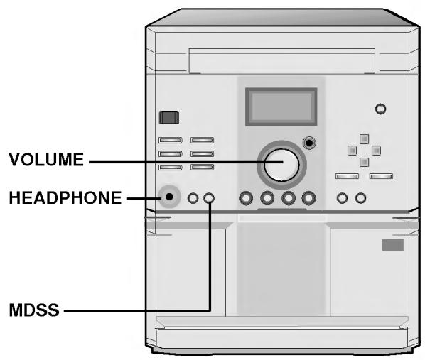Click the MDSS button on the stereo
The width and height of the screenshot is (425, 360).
pyautogui.click(x=208, y=198)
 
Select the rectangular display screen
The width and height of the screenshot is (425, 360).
pyautogui.click(x=281, y=107)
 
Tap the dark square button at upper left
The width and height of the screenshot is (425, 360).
pyautogui.click(x=168, y=117)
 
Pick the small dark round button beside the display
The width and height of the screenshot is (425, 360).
pyautogui.click(x=308, y=143)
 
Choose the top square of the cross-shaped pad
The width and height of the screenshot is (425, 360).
pyautogui.click(x=364, y=138)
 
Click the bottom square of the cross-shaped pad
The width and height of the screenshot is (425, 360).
pyautogui.click(x=364, y=162)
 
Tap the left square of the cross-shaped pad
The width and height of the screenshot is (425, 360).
pyautogui.click(x=352, y=151)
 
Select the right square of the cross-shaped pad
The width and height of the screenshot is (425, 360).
pyautogui.click(x=376, y=151)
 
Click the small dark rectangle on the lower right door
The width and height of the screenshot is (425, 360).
pyautogui.click(x=393, y=245)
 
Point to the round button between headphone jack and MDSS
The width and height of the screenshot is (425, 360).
pyautogui.click(x=193, y=198)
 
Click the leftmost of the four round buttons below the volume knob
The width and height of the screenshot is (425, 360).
pyautogui.click(x=247, y=198)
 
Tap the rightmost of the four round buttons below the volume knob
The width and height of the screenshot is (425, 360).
pyautogui.click(x=308, y=198)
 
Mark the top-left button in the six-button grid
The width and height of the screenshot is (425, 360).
pyautogui.click(x=171, y=141)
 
